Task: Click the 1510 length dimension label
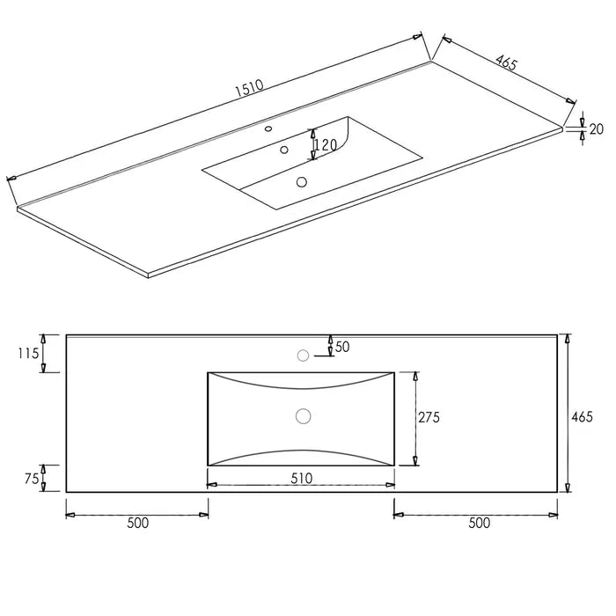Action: click(x=249, y=88)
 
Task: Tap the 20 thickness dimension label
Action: click(x=597, y=128)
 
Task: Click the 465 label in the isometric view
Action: click(x=506, y=62)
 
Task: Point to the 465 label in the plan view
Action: click(x=582, y=417)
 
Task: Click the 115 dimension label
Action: click(x=28, y=354)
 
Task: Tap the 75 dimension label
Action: click(x=32, y=479)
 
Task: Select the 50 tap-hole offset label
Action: click(x=342, y=347)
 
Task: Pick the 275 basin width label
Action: click(x=429, y=417)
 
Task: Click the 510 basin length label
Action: click(x=302, y=478)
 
